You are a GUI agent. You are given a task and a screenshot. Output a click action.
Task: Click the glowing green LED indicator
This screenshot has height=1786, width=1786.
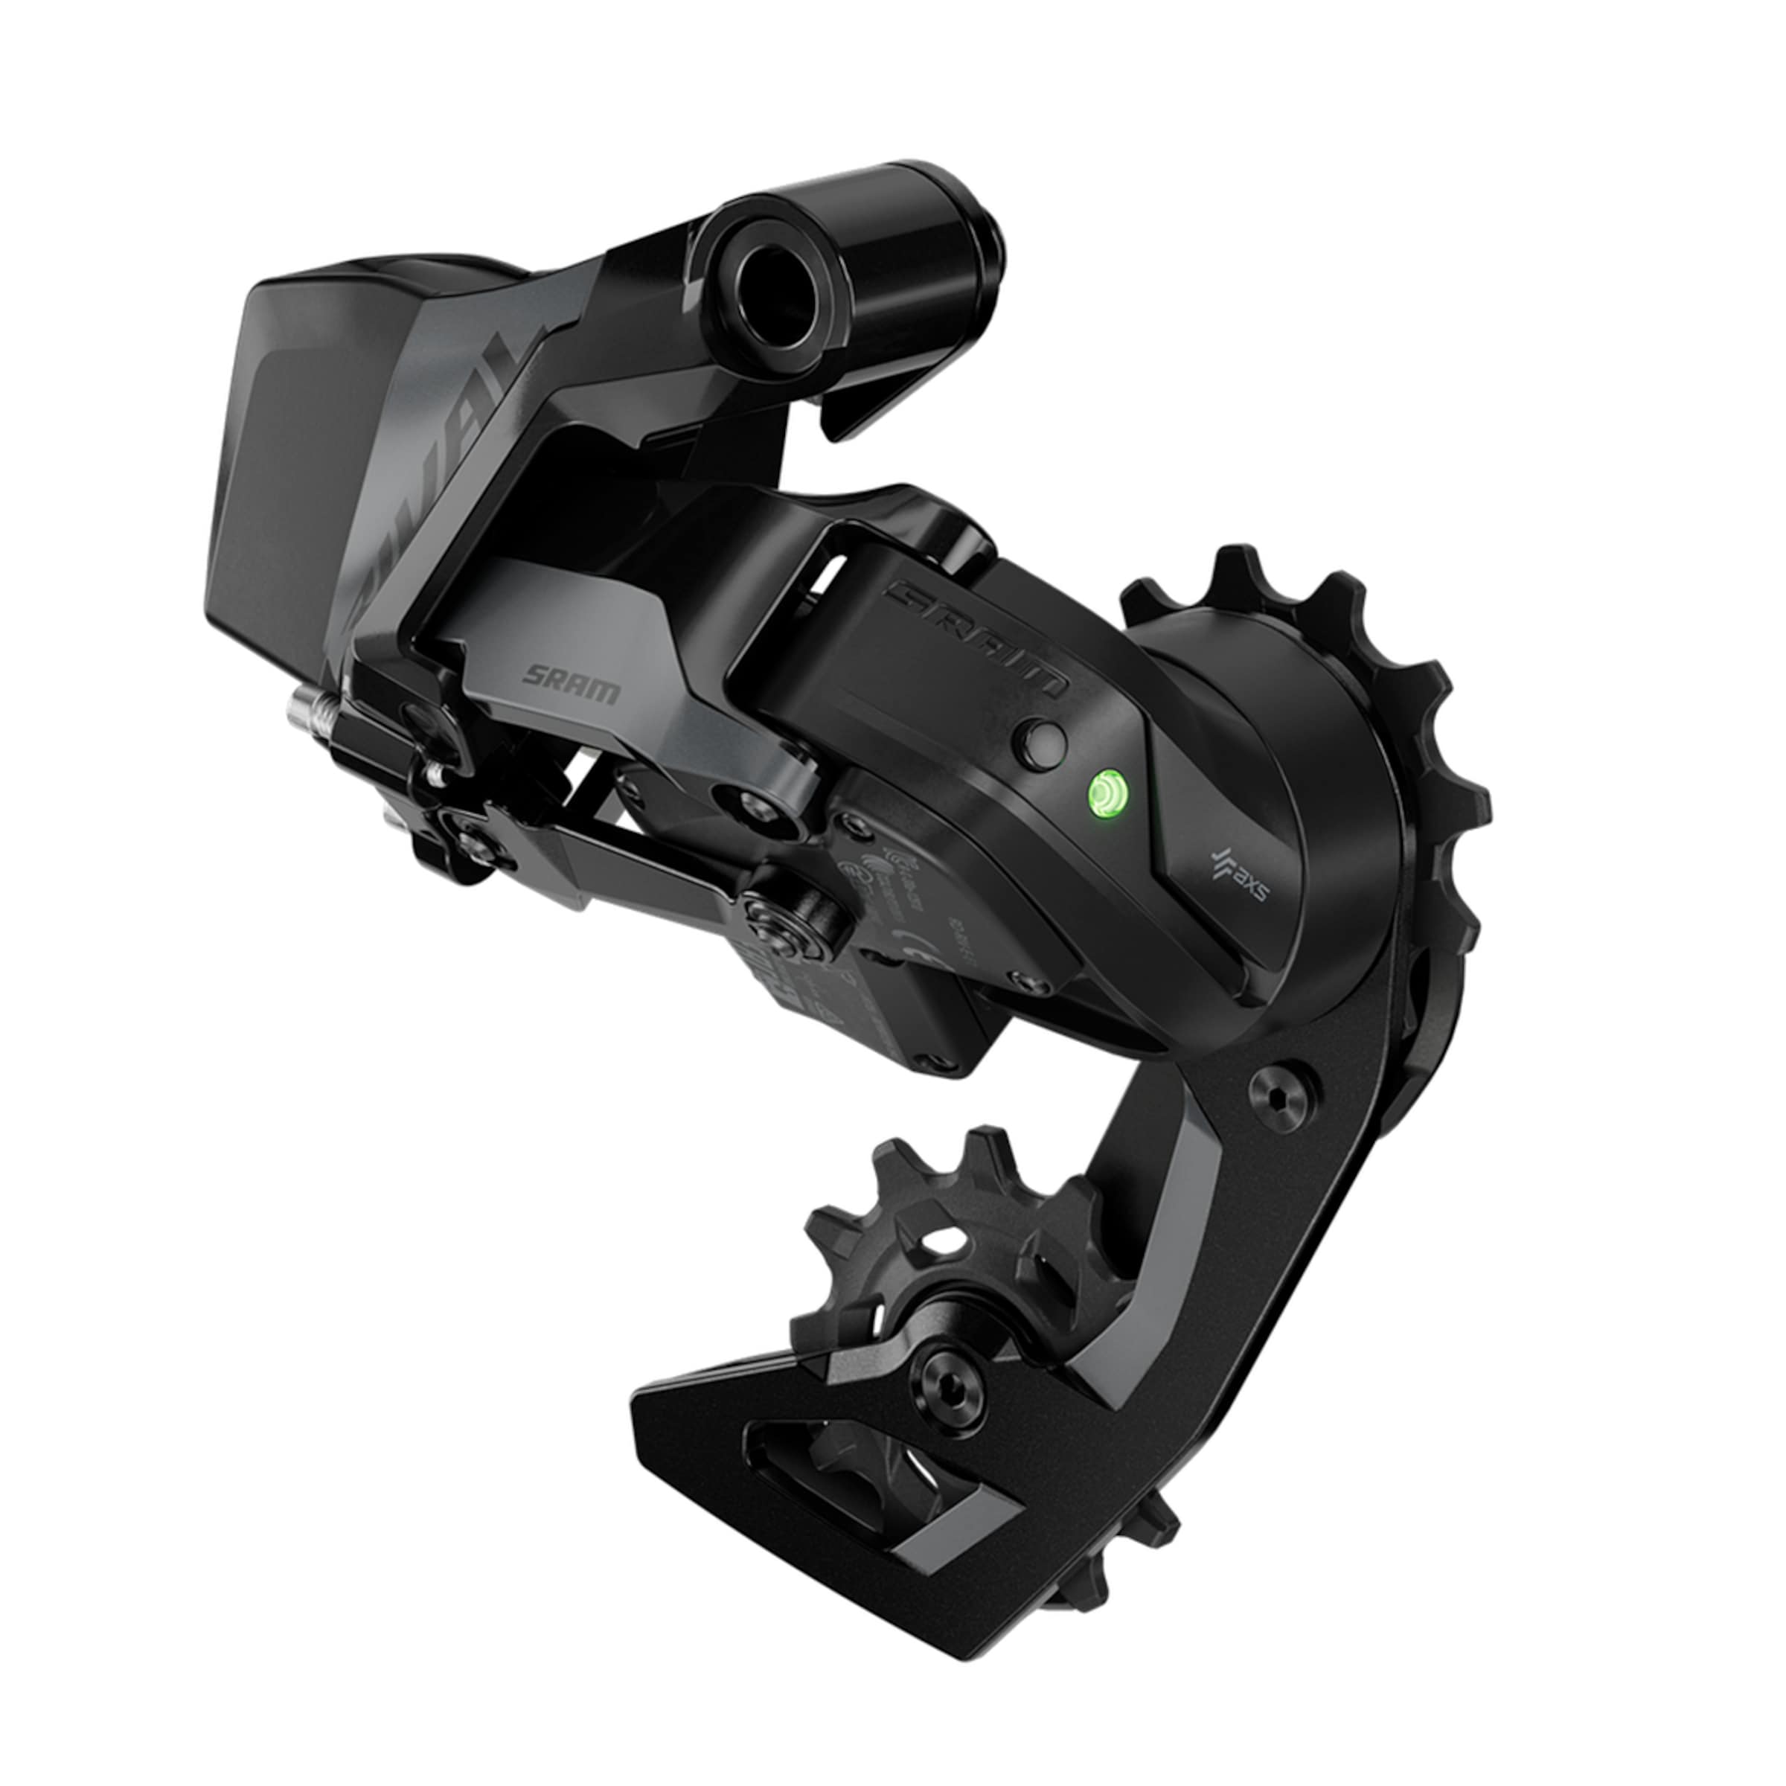pyautogui.click(x=1107, y=793)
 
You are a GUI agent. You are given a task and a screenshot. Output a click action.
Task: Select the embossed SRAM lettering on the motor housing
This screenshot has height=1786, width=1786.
pyautogui.click(x=976, y=636)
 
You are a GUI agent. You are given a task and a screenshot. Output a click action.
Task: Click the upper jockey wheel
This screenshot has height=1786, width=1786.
pyautogui.click(x=1331, y=684)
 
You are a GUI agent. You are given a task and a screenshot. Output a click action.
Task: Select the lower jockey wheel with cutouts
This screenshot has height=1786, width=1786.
pyautogui.click(x=953, y=1257)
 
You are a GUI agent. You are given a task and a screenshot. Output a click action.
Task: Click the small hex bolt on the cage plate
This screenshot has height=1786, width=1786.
pyautogui.click(x=1278, y=1095)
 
